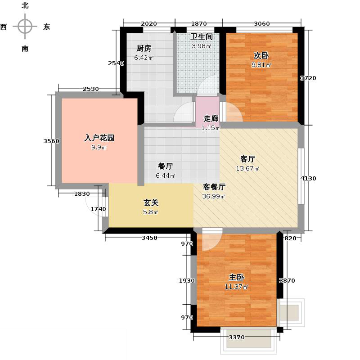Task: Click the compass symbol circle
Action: [25, 27]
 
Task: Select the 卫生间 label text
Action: [201, 36]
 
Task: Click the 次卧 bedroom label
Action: [261, 56]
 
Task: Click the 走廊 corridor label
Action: [211, 119]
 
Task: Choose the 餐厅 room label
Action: [166, 166]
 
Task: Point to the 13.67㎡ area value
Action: [248, 169]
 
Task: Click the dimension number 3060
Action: [261, 23]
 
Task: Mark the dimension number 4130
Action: [309, 179]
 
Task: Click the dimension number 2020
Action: [148, 23]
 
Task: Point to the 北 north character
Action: [25, 5]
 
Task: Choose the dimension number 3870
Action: [287, 280]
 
